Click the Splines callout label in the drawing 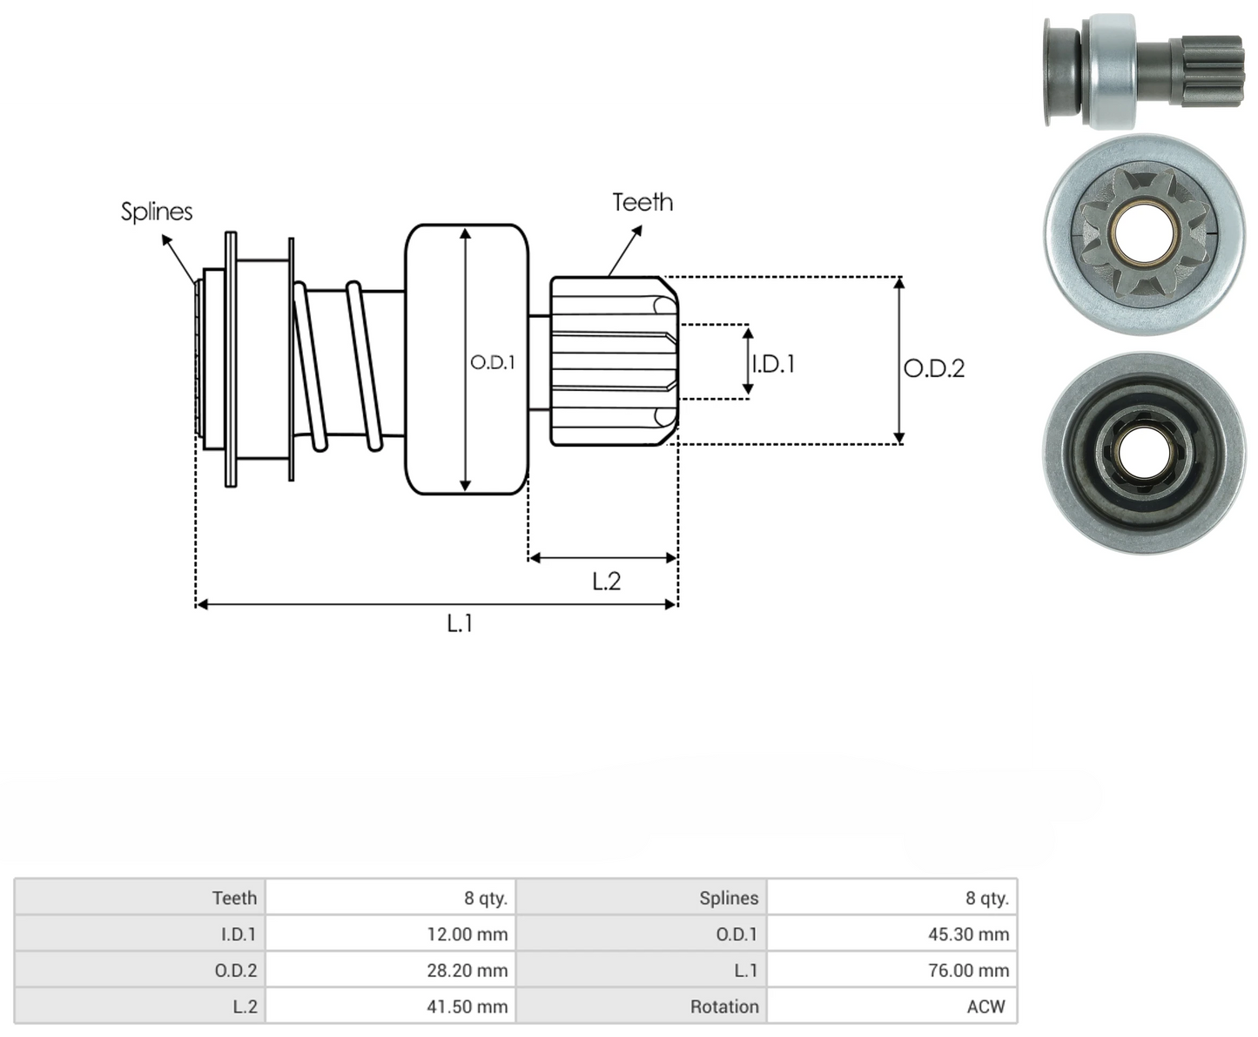[x=157, y=212]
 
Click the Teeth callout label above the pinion [x=642, y=203]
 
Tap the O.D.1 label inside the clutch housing [x=492, y=362]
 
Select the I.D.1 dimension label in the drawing [x=773, y=364]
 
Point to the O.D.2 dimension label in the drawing [x=934, y=368]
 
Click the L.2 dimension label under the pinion [x=606, y=582]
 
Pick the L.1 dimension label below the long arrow [x=460, y=623]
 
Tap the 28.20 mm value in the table [x=467, y=970]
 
